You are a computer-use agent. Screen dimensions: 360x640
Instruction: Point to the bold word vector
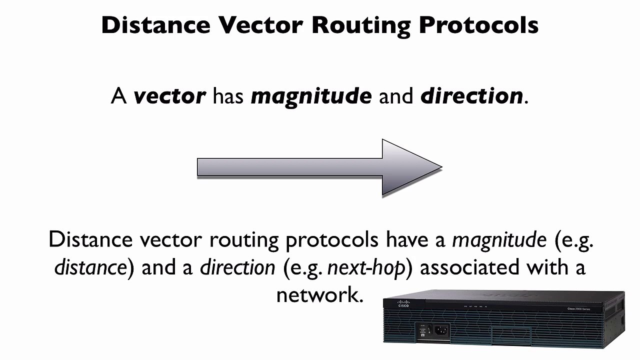169,95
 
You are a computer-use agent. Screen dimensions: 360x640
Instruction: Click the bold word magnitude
311,95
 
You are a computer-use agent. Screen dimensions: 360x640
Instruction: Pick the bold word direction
471,95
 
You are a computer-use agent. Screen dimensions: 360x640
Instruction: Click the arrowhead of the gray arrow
410,167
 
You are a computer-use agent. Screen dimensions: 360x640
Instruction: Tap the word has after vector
228,95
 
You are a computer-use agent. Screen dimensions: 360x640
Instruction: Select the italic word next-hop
366,267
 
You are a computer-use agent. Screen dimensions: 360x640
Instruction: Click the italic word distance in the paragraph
90,267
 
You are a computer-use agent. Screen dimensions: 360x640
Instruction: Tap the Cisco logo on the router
403,304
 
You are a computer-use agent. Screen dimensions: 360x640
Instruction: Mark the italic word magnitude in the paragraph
499,240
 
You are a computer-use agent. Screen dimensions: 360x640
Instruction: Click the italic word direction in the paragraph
237,267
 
